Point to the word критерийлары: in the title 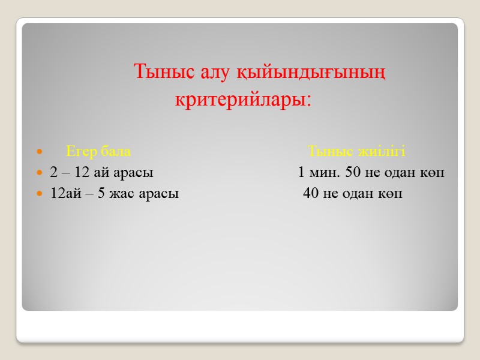(243, 98)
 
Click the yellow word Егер (81, 150)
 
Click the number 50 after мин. (353, 173)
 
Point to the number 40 (311, 194)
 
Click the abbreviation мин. (325, 173)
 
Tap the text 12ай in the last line (64, 194)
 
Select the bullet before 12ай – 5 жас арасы (40, 194)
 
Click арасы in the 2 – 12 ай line (134, 173)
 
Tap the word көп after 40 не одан (391, 194)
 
